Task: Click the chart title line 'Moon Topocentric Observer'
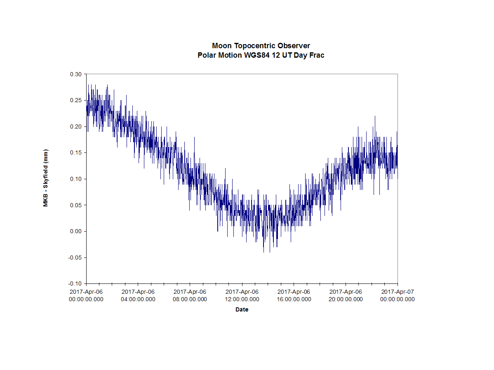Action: coord(261,46)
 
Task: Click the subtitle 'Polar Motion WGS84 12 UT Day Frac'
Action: coord(261,55)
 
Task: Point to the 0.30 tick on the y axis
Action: coord(77,74)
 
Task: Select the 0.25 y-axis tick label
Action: coord(77,100)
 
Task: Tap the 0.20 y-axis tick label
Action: coord(77,126)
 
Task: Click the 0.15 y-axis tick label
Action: coord(77,153)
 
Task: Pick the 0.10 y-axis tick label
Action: coord(77,179)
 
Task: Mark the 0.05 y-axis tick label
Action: coord(77,205)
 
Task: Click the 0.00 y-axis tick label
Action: coord(77,232)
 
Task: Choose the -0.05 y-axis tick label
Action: coord(76,258)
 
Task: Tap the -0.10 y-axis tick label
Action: coord(76,284)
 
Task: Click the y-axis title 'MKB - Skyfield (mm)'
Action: coord(46,178)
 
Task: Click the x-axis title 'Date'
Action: coord(242,309)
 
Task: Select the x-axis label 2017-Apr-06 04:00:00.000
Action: coord(138,295)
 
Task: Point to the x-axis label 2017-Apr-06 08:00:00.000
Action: coord(190,295)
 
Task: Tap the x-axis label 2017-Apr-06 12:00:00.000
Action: coord(242,295)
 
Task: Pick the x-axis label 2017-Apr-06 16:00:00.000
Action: coord(294,295)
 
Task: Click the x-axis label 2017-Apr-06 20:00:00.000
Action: coord(346,295)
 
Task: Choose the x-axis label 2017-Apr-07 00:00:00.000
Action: coord(397,295)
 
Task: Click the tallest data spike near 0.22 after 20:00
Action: coord(375,117)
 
